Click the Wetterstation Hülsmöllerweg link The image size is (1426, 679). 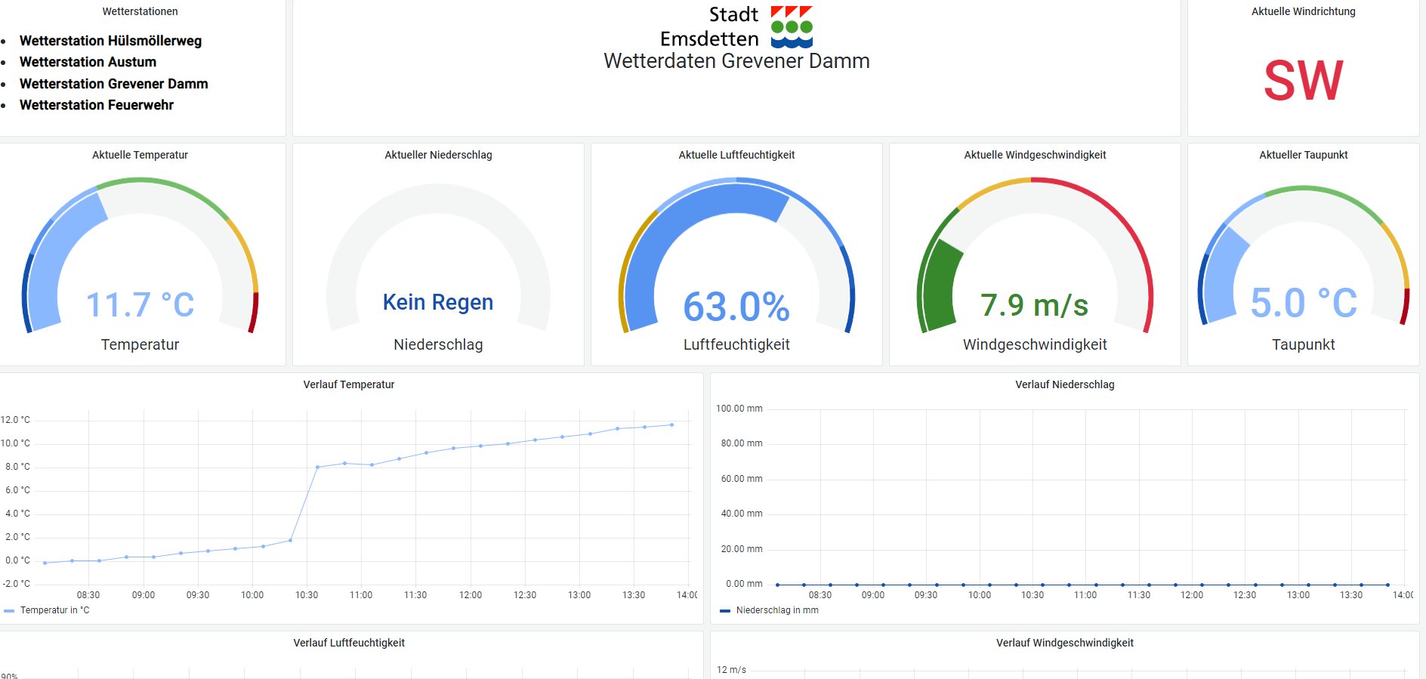[110, 41]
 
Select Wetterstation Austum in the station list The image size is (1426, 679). [88, 62]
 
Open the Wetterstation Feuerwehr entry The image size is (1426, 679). [97, 105]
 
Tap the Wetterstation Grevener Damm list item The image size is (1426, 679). [113, 84]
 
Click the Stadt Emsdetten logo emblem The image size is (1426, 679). [791, 27]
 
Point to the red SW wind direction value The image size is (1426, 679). [1303, 81]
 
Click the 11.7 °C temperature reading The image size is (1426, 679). [140, 305]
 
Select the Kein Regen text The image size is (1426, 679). [438, 302]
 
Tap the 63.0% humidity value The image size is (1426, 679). [736, 307]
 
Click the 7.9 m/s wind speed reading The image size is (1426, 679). [1034, 305]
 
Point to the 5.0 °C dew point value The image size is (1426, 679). [1303, 304]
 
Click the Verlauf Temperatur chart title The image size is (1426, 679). [349, 384]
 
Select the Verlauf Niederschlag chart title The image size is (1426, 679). [1064, 384]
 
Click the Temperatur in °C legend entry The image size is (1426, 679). [54, 610]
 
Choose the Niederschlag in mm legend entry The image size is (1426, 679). [776, 610]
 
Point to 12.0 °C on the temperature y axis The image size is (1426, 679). [16, 420]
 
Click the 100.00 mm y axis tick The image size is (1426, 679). [739, 409]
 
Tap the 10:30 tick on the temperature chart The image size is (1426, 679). [307, 595]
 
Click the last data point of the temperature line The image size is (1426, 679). [671, 424]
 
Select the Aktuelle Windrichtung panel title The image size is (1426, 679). [1303, 11]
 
